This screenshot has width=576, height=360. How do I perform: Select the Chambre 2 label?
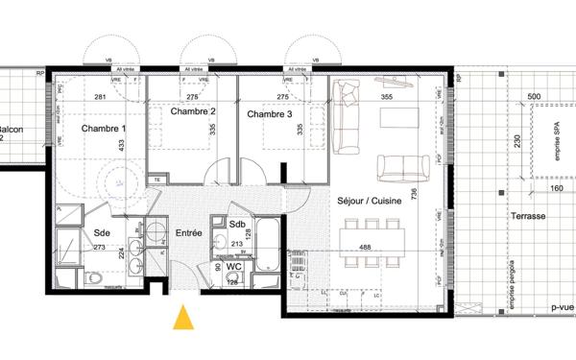pyautogui.click(x=193, y=112)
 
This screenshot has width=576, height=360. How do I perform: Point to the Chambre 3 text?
pyautogui.click(x=271, y=114)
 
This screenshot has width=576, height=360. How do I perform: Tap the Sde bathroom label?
pyautogui.click(x=102, y=233)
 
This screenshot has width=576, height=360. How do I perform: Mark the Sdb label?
pyautogui.click(x=237, y=225)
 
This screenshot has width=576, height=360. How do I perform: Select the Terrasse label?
pyautogui.click(x=529, y=217)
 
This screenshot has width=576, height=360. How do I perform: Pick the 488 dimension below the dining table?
pyautogui.click(x=367, y=248)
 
